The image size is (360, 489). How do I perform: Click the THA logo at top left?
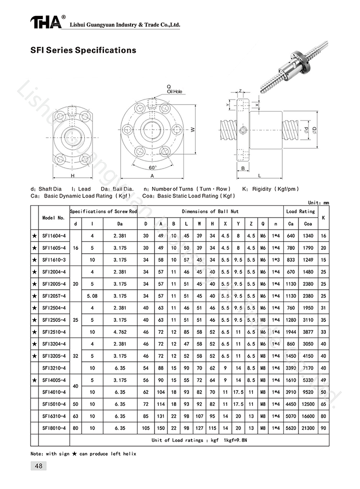coord(46,22)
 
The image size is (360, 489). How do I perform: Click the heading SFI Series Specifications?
coord(84,50)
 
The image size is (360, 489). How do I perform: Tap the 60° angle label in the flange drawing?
coord(153,168)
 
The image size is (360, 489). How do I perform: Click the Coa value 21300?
coord(308,427)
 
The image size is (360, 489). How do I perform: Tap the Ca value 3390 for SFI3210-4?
coord(290,367)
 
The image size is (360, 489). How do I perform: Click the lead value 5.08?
coord(93,296)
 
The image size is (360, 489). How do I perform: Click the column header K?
coord(323,217)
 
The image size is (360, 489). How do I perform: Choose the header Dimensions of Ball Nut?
coord(210,211)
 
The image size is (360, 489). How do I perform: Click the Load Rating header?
coord(300,211)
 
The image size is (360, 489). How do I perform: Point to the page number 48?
coord(38,465)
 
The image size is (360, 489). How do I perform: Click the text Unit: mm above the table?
coord(318,203)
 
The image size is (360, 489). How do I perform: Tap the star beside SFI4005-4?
coord(34,379)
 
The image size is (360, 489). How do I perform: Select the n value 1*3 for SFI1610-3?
coord(275,260)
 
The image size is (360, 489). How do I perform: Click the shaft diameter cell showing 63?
coord(75,415)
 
